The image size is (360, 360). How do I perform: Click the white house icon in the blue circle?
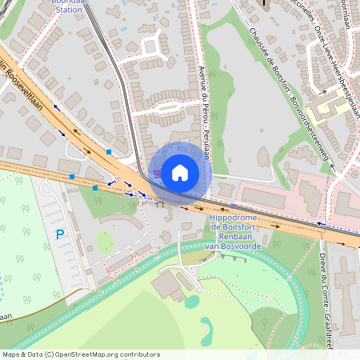click(x=180, y=172)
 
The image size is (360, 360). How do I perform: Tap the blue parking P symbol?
click(x=59, y=234)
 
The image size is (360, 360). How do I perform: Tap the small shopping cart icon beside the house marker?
click(x=158, y=172)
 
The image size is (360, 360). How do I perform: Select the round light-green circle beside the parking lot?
click(x=105, y=241)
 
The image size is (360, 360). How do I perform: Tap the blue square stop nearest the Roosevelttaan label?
click(x=108, y=151)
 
